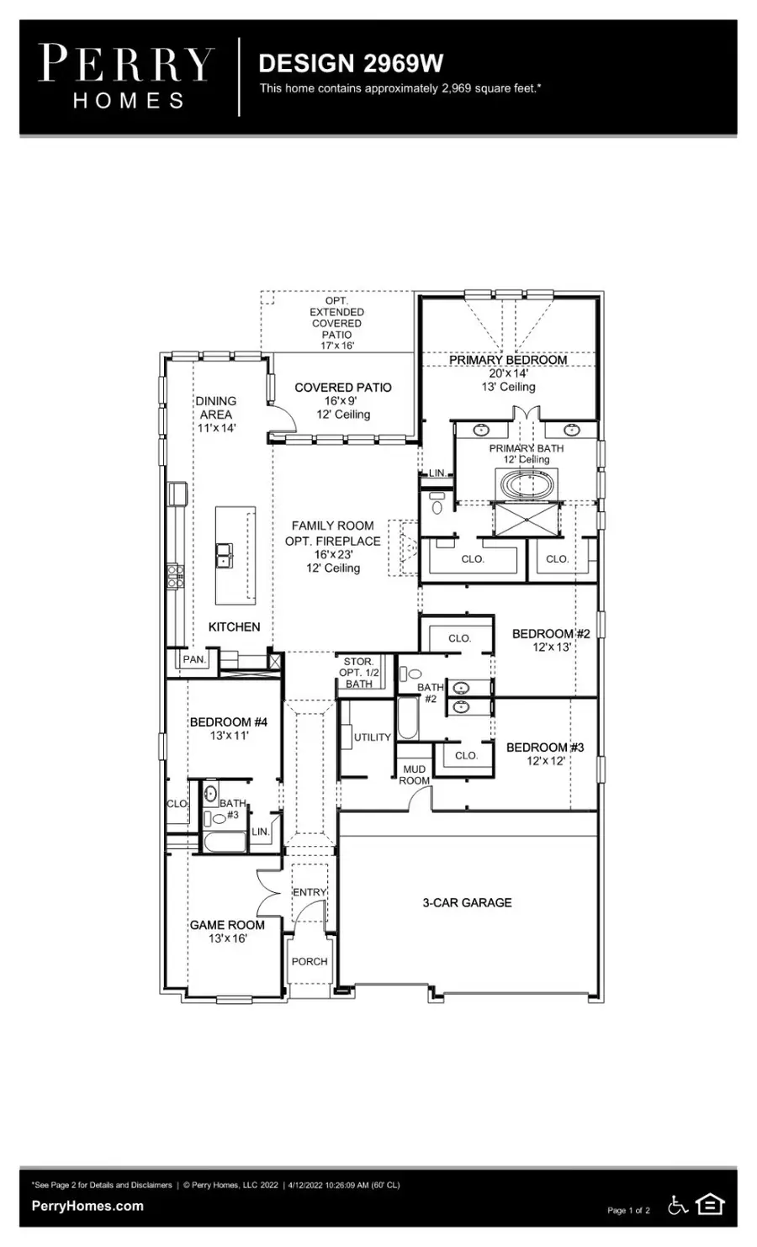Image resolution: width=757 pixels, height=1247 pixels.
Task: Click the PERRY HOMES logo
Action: [126, 77]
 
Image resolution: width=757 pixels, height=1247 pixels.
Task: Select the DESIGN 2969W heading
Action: [350, 63]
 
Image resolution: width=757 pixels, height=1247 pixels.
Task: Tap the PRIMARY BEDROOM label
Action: [507, 360]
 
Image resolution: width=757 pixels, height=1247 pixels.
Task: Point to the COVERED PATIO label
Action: [342, 388]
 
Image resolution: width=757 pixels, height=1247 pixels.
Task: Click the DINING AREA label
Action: [216, 408]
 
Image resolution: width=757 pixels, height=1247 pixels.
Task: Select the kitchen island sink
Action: [225, 556]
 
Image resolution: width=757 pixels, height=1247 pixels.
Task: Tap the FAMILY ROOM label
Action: [332, 526]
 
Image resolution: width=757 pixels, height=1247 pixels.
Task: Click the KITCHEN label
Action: [234, 626]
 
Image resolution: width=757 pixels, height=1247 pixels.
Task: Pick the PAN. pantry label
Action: [194, 659]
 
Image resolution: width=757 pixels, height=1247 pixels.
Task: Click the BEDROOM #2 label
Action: [551, 633]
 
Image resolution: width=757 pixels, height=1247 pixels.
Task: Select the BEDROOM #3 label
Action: [544, 747]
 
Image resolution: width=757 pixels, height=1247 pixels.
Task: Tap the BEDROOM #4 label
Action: [228, 721]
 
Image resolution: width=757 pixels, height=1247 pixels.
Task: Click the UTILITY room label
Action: [372, 737]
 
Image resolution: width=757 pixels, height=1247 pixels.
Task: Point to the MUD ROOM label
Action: [414, 774]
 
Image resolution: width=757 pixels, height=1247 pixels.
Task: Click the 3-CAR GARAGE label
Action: [467, 902]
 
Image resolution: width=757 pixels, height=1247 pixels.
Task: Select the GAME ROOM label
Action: [227, 925]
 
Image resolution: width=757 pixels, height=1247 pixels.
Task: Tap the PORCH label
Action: [310, 961]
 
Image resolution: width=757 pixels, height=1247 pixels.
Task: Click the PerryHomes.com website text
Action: [87, 1206]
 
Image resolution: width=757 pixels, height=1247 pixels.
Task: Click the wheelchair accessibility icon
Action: [678, 1205]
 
